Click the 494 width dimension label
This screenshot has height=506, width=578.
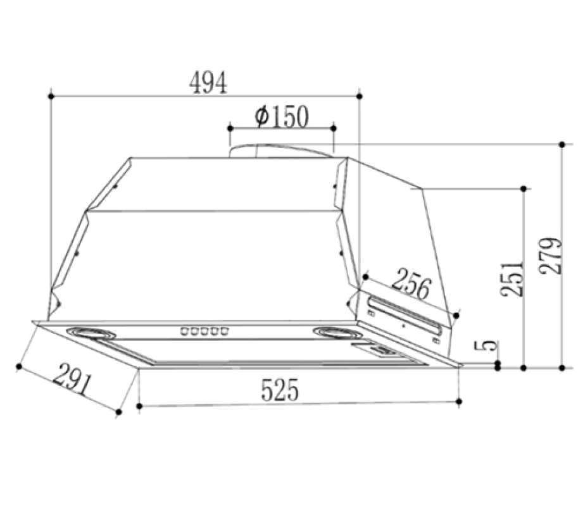208,83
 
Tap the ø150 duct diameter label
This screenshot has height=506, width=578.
281,116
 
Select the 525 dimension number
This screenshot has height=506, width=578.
279,390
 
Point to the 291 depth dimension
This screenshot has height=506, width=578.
72,379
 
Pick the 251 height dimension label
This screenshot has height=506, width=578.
512,279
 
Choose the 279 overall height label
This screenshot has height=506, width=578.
550,256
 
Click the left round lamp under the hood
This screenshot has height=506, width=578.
91,333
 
